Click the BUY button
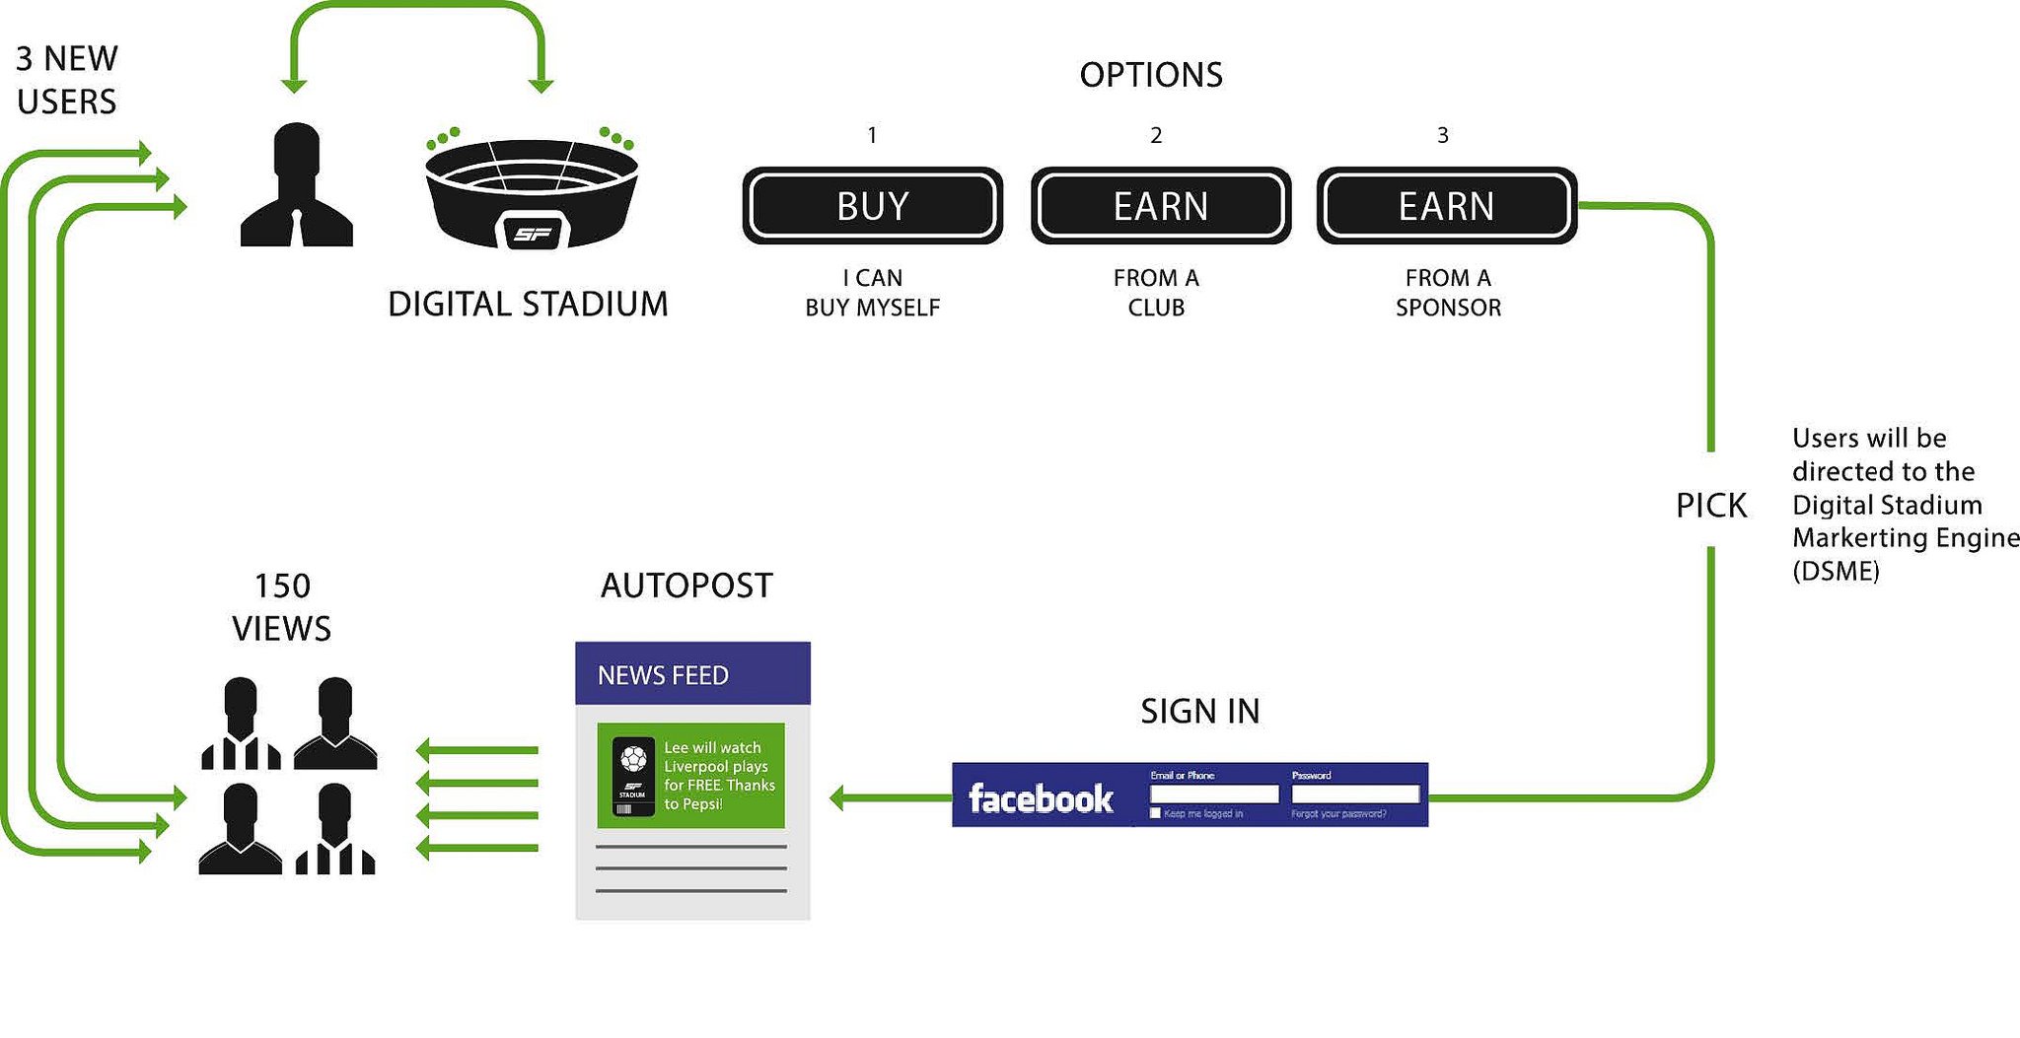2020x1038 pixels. click(873, 206)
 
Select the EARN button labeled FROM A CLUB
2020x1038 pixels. click(1161, 206)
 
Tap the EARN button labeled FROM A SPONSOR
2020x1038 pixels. click(1446, 206)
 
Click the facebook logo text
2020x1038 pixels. click(1041, 797)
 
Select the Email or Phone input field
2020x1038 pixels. click(1214, 794)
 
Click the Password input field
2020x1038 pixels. click(1355, 794)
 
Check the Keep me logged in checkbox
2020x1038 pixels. click(1155, 813)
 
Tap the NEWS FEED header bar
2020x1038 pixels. click(692, 674)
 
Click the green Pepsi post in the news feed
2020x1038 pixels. click(690, 776)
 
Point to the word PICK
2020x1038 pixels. click(1711, 506)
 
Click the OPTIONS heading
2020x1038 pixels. click(1151, 75)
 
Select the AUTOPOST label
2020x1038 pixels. click(686, 586)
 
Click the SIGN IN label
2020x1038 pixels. click(1200, 711)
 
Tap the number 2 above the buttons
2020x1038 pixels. click(1156, 135)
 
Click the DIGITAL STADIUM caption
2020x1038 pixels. click(528, 304)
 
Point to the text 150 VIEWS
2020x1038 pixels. click(282, 607)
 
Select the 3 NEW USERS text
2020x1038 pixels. click(67, 80)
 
